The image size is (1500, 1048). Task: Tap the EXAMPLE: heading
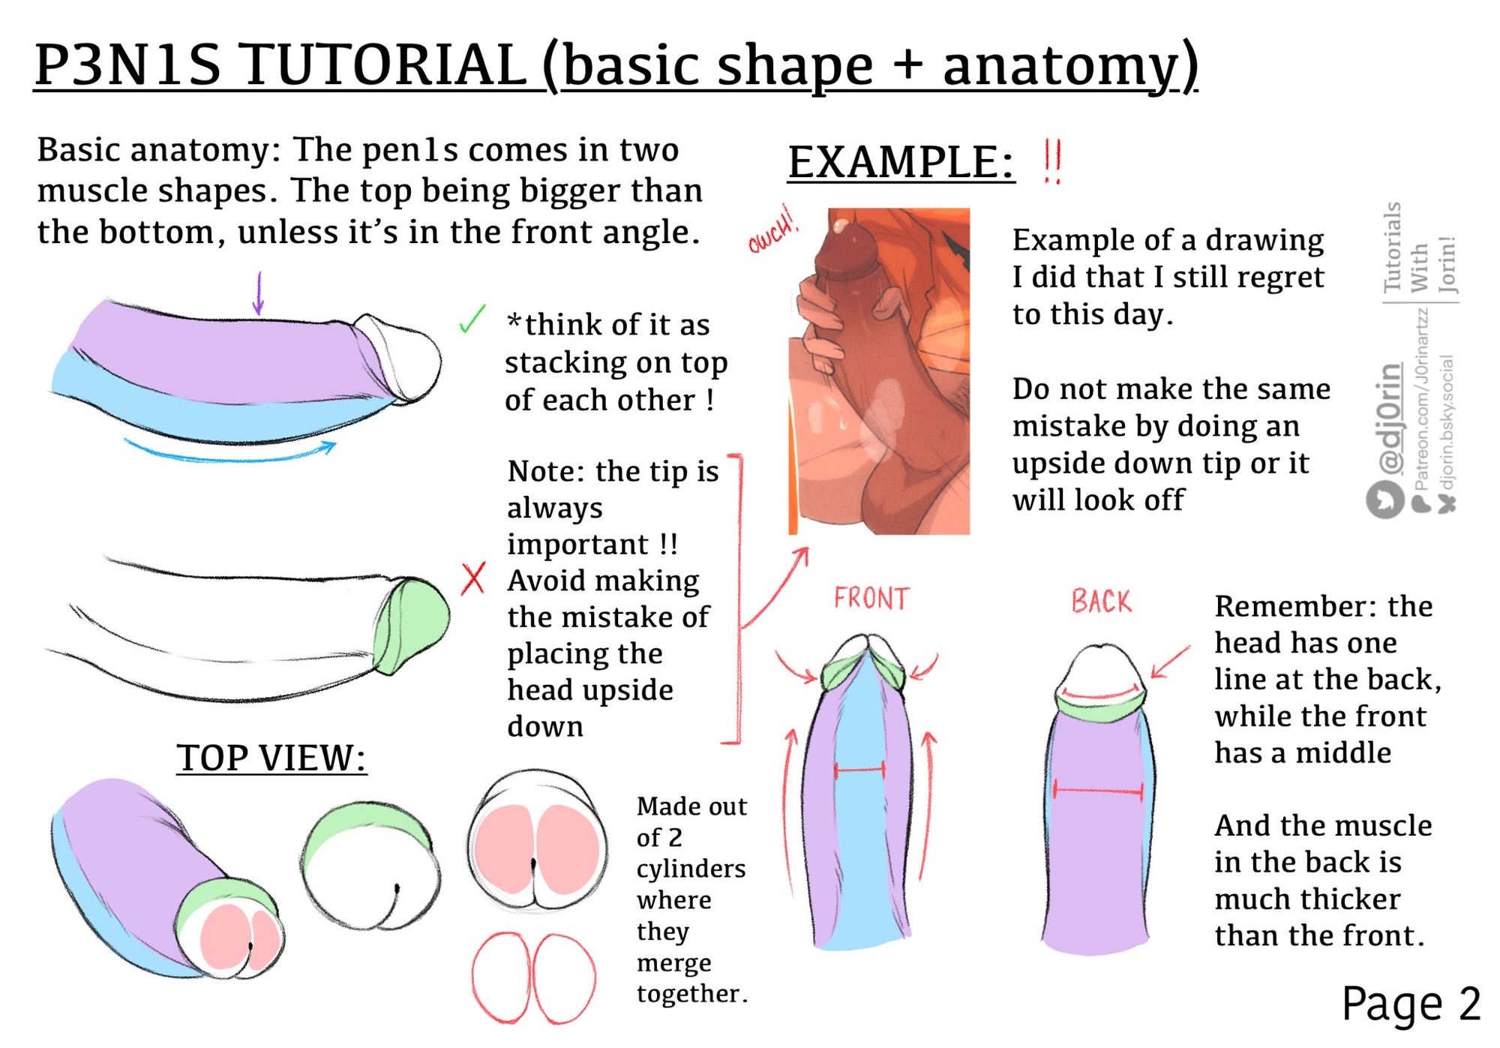pyautogui.click(x=901, y=162)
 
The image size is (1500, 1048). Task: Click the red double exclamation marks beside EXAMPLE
pyautogui.click(x=1052, y=161)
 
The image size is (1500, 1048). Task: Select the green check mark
pyautogui.click(x=472, y=319)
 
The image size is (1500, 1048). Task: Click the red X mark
pyautogui.click(x=473, y=578)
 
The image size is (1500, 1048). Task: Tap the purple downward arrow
pyautogui.click(x=259, y=293)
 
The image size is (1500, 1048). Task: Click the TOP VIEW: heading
pyautogui.click(x=271, y=758)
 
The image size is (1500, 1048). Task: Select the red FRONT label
pyautogui.click(x=871, y=599)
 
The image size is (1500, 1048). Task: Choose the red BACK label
pyautogui.click(x=1101, y=602)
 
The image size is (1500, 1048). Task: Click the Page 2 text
pyautogui.click(x=1410, y=1003)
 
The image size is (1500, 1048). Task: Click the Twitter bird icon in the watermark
pyautogui.click(x=1384, y=499)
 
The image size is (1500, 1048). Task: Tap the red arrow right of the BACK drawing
pyautogui.click(x=1171, y=661)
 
